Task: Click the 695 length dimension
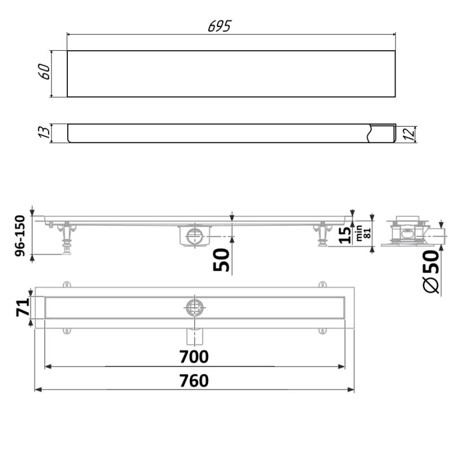tap(219, 26)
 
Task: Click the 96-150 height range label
tap(20, 236)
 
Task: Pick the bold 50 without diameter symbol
tap(223, 259)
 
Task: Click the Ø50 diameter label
tap(431, 271)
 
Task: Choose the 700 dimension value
tap(194, 357)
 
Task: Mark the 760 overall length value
tap(194, 381)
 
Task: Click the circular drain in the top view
tap(194, 307)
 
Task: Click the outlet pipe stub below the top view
tap(194, 336)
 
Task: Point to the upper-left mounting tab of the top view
tap(67, 284)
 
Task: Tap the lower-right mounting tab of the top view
tap(322, 331)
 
